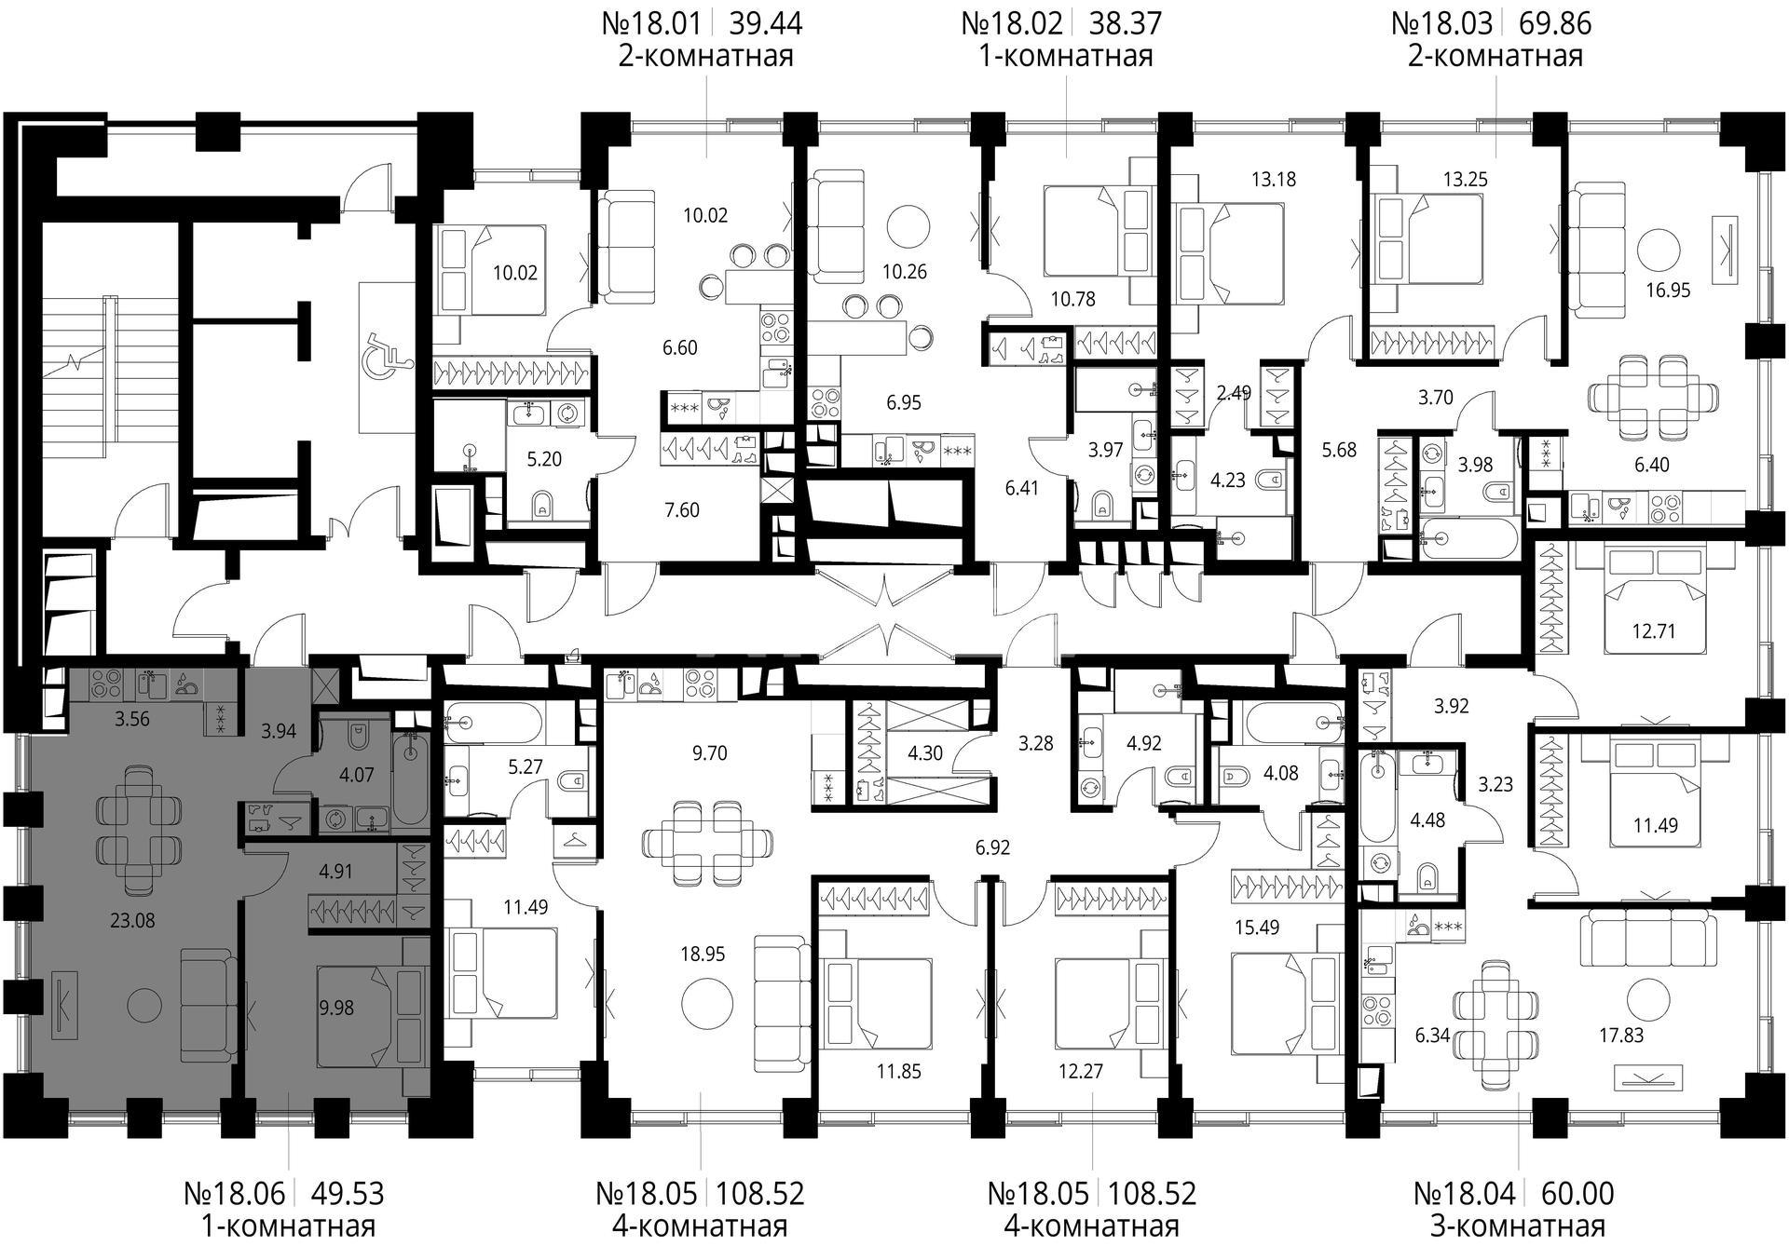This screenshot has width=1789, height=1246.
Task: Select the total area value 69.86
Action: pyautogui.click(x=1555, y=22)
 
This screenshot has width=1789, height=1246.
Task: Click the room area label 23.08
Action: pyautogui.click(x=132, y=921)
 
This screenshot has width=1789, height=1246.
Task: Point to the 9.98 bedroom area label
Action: pyautogui.click(x=336, y=1008)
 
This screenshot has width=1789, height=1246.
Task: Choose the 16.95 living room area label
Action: pyautogui.click(x=1668, y=291)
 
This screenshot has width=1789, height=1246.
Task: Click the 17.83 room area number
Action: pyautogui.click(x=1621, y=1035)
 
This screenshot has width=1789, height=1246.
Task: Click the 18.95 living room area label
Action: pyautogui.click(x=703, y=955)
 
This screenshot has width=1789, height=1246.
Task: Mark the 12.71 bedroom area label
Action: pyautogui.click(x=1654, y=631)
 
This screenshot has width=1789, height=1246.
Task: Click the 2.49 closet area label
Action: pyautogui.click(x=1234, y=393)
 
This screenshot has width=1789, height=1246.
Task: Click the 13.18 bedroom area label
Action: pyautogui.click(x=1273, y=179)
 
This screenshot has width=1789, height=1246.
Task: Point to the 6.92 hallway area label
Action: pyautogui.click(x=992, y=847)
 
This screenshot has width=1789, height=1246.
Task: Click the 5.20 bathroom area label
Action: pyautogui.click(x=544, y=459)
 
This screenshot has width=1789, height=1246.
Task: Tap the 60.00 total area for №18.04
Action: pyautogui.click(x=1577, y=1193)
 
